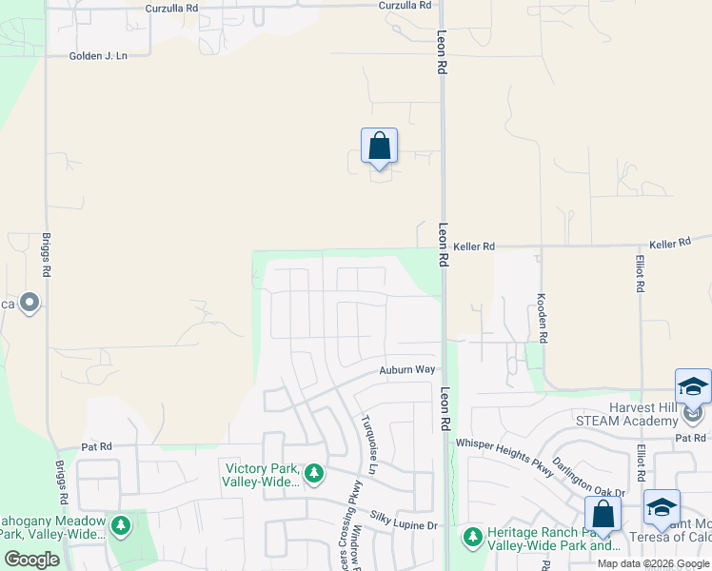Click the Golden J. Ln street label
coord(98,56)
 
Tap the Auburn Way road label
coord(406,369)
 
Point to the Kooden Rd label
coord(542,318)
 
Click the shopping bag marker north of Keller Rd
coord(379,148)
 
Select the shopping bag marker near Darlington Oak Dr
coord(603,515)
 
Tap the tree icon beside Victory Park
coord(313,473)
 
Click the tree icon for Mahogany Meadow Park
coord(120,525)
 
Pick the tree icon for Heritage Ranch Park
coord(473,538)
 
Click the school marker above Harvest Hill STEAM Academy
coord(693,387)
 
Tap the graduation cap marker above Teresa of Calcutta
coord(661,507)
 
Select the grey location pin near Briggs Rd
coord(30,304)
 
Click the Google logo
coord(31,559)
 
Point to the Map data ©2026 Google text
coord(652,563)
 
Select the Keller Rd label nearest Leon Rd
coord(474,246)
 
